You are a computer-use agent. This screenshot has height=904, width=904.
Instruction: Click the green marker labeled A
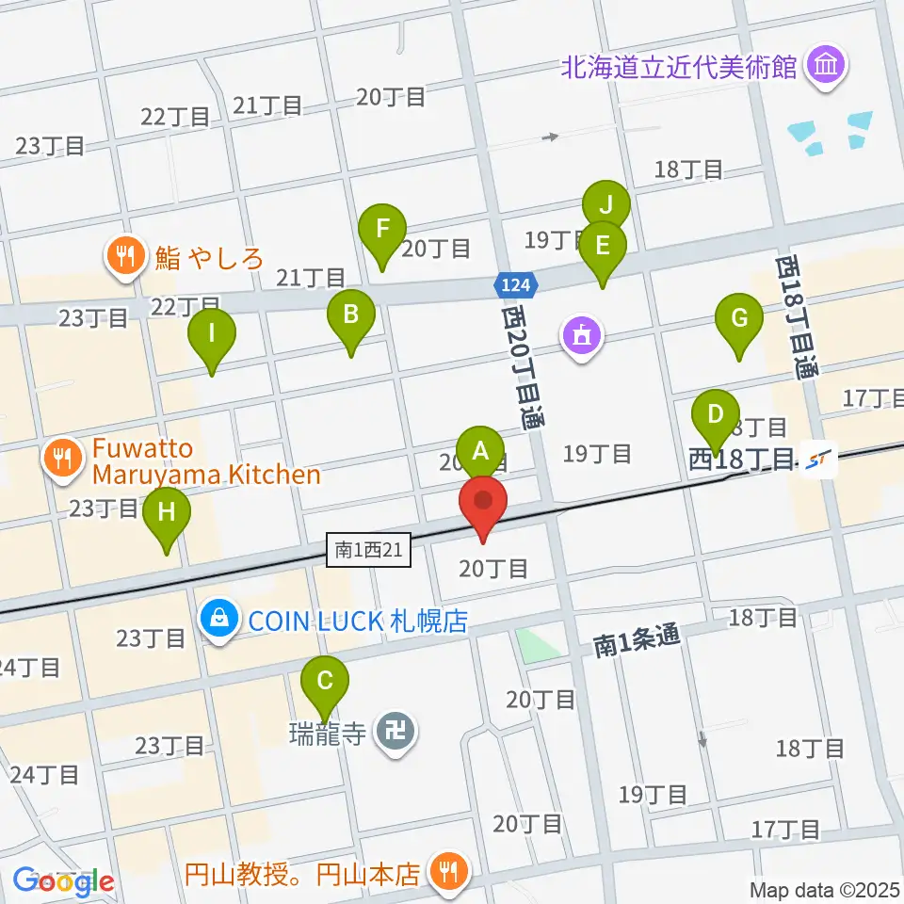tap(480, 450)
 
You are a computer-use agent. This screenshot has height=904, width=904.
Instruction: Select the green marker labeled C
tap(325, 681)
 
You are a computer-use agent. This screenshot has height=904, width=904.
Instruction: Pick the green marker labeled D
tap(716, 415)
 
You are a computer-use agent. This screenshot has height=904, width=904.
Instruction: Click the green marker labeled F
tap(382, 230)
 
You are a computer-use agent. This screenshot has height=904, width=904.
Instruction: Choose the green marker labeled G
tap(739, 319)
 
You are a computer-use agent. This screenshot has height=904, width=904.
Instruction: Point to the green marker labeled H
tap(167, 513)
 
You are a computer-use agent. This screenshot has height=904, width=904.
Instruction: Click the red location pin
tap(483, 504)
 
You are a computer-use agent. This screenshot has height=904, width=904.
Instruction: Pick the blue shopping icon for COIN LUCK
tap(218, 621)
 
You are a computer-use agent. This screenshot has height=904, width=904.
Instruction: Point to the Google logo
tap(63, 881)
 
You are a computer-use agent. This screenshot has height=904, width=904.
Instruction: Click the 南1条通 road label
tap(638, 643)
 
